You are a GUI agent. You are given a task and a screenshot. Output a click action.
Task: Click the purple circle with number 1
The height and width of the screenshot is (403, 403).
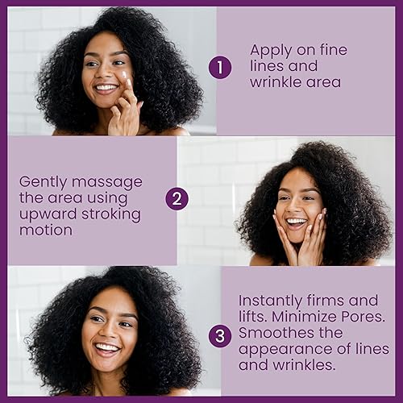pos(219,69)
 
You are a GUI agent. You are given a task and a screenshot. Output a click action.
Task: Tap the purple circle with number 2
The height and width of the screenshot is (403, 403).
pos(178,198)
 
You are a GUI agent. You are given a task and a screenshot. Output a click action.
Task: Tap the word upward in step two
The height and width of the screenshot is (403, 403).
pos(47,214)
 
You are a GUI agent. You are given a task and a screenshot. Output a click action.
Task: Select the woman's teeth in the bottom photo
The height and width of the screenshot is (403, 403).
pos(106,347)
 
